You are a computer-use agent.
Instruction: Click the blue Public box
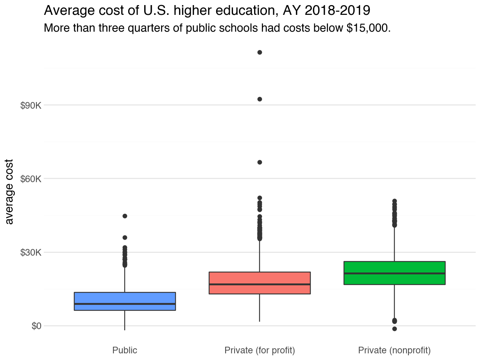[x=125, y=298]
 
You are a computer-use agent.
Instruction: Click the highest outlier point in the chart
[x=260, y=52]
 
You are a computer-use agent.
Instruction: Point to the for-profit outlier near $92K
[x=260, y=99]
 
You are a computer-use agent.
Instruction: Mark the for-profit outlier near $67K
[x=260, y=162]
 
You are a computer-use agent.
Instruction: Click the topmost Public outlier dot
[x=125, y=216]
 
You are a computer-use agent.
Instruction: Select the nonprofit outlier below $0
[x=394, y=329]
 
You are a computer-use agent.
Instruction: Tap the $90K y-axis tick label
[x=30, y=106]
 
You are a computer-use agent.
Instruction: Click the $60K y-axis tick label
[x=30, y=179]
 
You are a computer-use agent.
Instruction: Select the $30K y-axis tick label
[x=30, y=253]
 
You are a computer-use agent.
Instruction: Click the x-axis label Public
[x=125, y=350]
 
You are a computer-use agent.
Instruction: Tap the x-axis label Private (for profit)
[x=260, y=350]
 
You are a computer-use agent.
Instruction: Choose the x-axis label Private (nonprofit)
[x=394, y=350]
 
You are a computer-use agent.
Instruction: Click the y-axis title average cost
[x=10, y=192]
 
